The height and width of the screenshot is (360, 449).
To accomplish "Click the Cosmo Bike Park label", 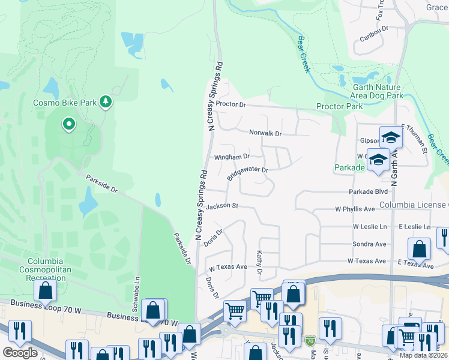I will tap(64, 103).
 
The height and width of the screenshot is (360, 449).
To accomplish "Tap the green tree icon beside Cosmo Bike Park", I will tap(106, 102).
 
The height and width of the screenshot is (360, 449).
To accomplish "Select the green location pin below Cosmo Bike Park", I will tap(69, 125).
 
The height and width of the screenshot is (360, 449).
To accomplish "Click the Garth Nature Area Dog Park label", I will tap(377, 91).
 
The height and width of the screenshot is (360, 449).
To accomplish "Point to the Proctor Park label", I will tap(340, 106).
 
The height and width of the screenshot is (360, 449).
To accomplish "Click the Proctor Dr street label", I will tap(231, 104).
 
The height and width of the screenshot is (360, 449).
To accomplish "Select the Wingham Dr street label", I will tap(232, 157).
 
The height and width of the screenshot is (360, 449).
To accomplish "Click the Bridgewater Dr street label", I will tap(247, 173).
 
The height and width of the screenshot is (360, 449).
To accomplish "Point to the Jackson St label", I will tap(222, 206).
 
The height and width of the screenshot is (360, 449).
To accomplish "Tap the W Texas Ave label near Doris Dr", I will tap(228, 266).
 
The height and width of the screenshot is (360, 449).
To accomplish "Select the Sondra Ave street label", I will tap(369, 244).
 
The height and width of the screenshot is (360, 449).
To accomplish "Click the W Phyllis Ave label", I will tap(355, 209).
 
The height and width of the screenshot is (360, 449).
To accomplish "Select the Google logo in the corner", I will tap(20, 353).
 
